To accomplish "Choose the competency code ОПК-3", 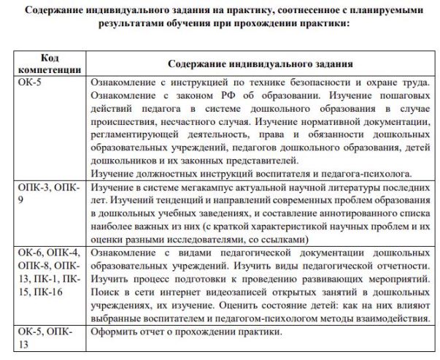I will pyautogui.click(x=32, y=189).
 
